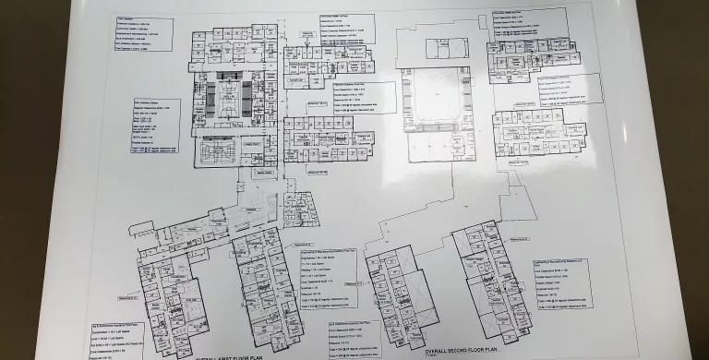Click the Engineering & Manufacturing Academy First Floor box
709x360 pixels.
point(328,277)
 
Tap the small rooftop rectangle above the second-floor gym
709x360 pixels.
point(433,46)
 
